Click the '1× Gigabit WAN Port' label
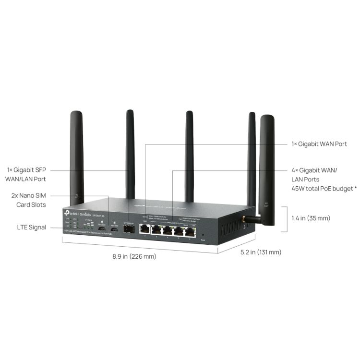coord(319,144)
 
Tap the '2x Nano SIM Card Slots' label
coord(29,200)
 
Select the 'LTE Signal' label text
coord(32,227)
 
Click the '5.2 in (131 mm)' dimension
coord(261,252)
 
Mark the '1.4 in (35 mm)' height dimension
coord(311,218)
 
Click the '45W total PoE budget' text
coord(324,188)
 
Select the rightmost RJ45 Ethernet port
coord(190,232)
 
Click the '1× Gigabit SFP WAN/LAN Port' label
coord(26,174)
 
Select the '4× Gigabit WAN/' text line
coord(314,170)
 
